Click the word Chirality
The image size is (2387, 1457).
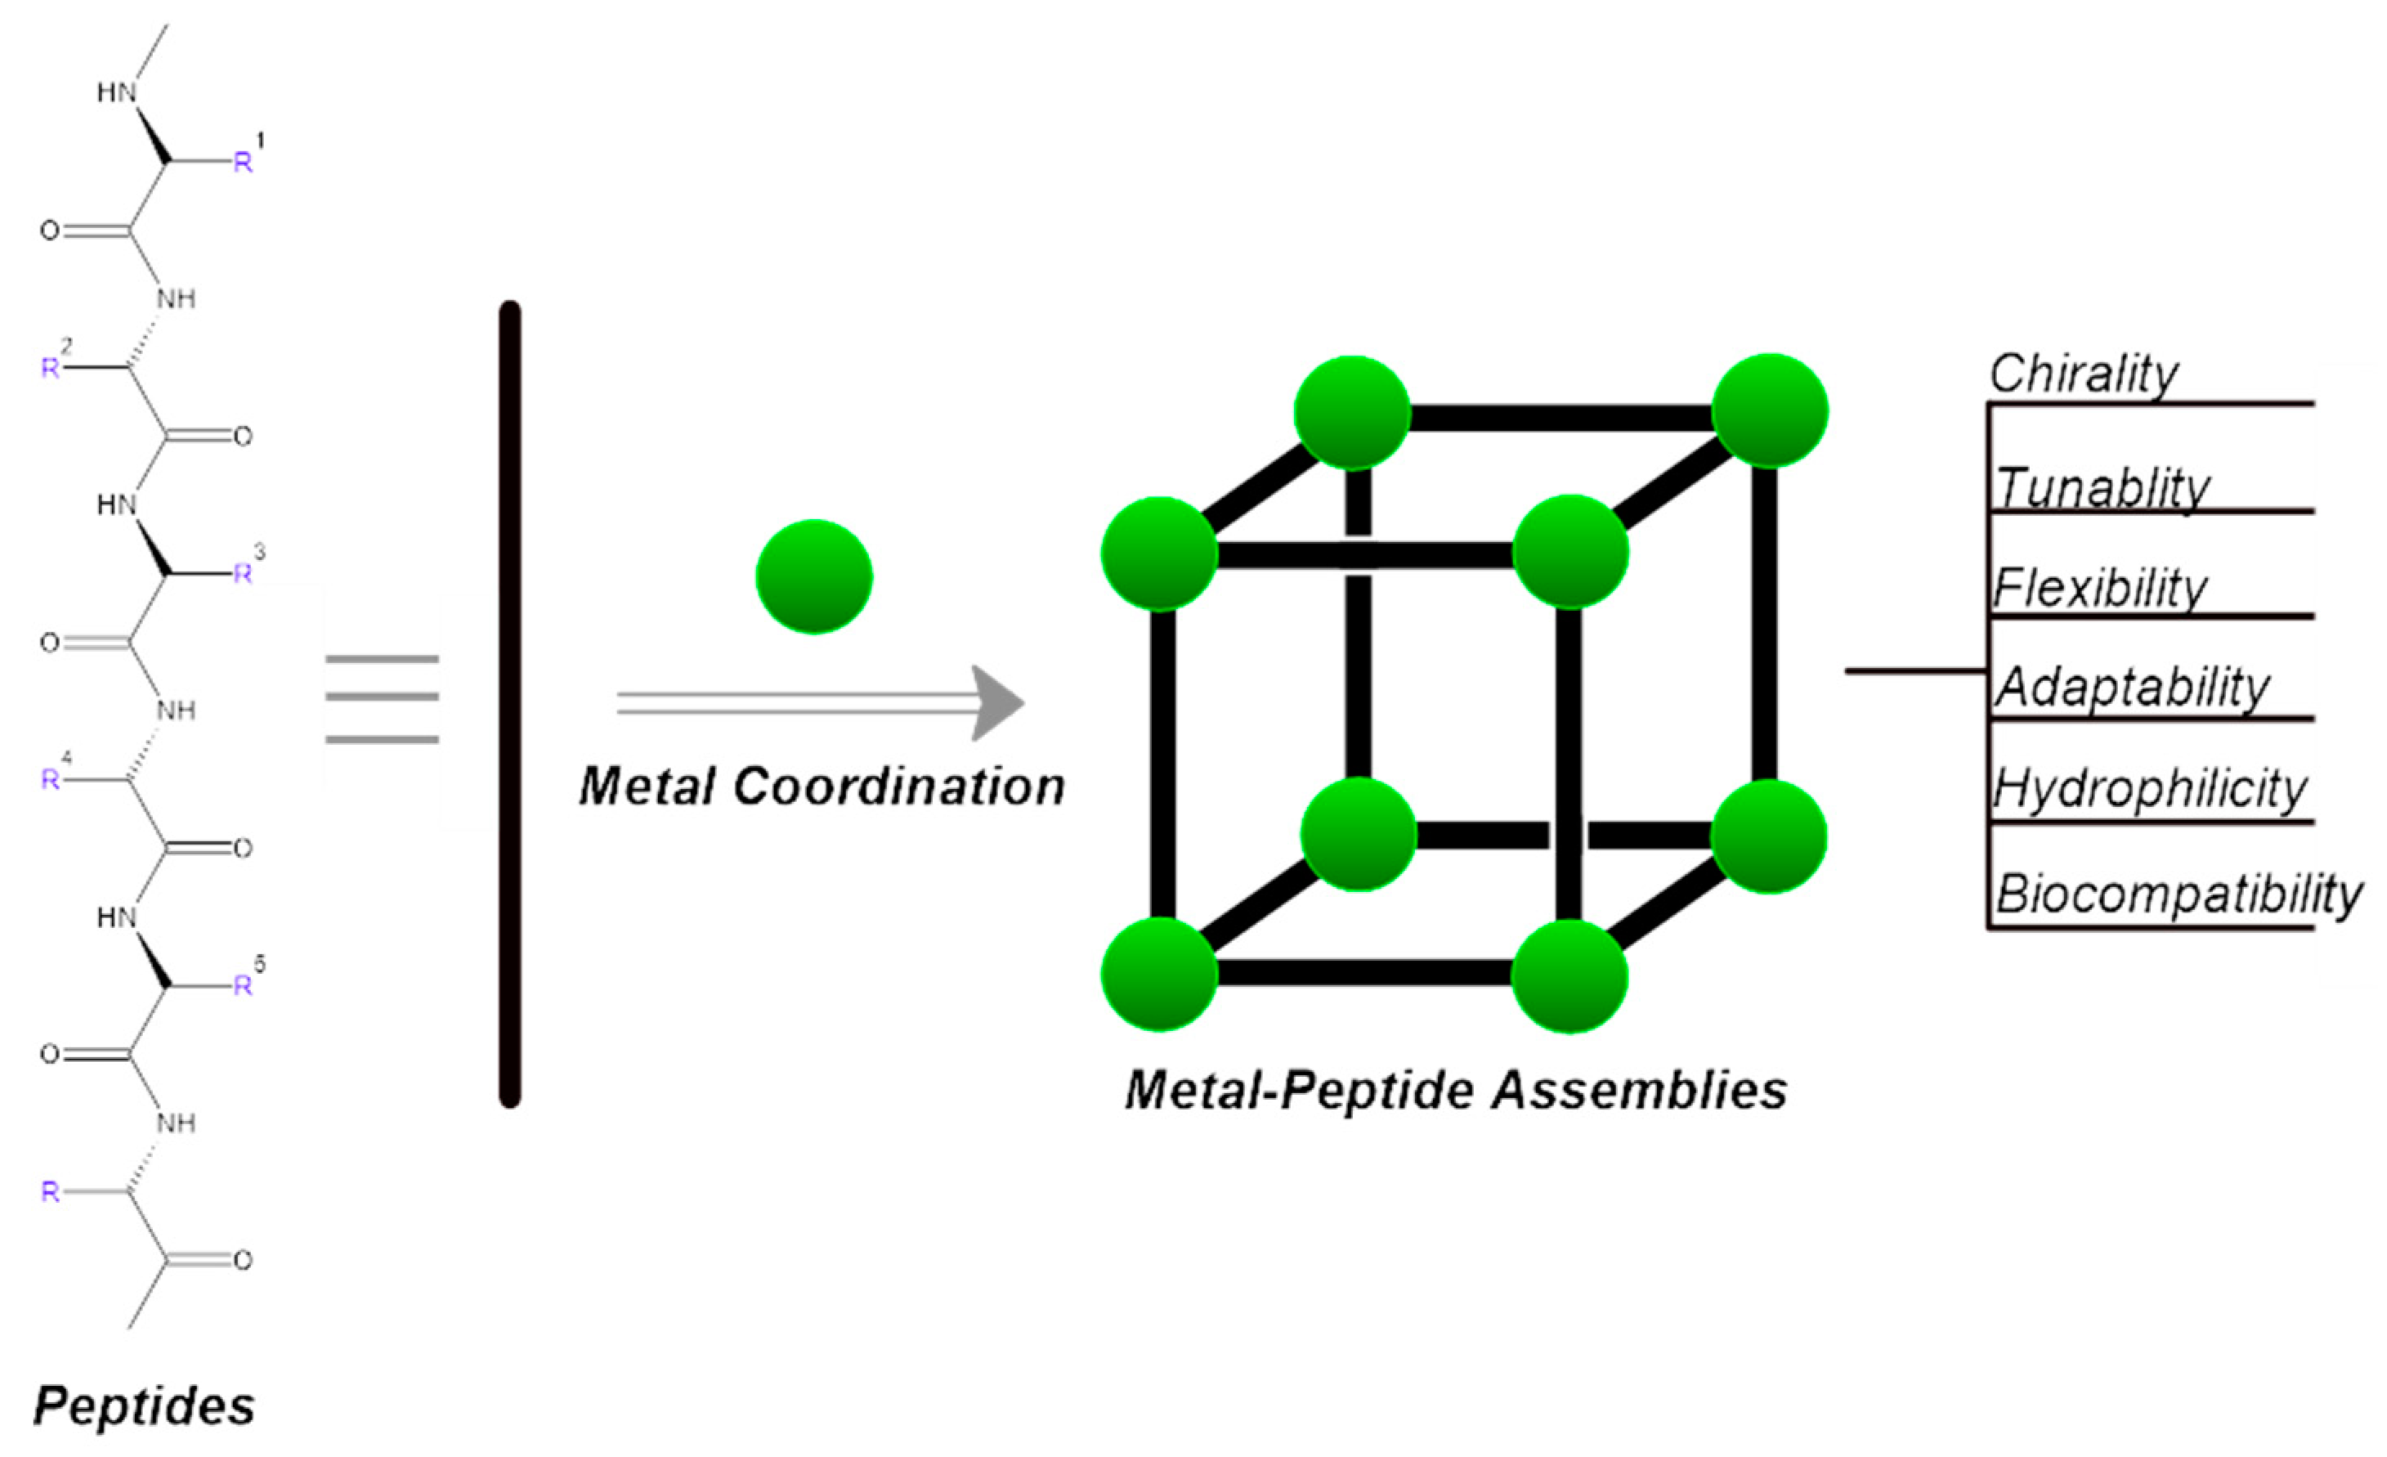2083,374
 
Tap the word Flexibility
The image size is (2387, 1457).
2099,588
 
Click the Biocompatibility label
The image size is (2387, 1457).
2179,893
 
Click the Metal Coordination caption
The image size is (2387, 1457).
822,787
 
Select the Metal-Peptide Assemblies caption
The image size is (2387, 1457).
1455,1091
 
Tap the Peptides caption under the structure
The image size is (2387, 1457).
145,1405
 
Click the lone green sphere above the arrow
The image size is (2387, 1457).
813,577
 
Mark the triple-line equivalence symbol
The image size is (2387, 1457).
382,698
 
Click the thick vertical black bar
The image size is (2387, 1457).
509,704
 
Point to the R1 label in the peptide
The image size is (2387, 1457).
246,157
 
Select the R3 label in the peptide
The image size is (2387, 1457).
246,570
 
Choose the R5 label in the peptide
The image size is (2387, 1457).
246,981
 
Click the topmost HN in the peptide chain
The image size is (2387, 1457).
116,93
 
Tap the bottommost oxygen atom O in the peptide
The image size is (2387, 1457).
242,1260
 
